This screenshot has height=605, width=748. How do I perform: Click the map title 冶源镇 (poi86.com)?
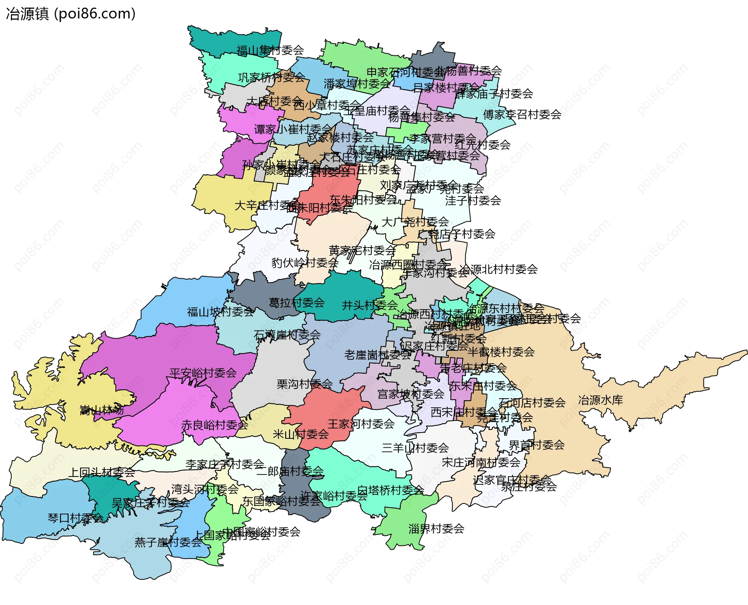click(71, 14)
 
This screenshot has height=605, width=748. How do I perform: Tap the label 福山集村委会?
click(270, 50)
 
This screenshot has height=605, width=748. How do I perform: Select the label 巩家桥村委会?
click(272, 77)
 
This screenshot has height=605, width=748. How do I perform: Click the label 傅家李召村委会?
click(522, 114)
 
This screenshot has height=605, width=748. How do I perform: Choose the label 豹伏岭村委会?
click(305, 263)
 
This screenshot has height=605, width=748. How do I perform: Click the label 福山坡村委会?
click(220, 312)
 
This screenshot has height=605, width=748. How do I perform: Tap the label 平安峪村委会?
click(203, 373)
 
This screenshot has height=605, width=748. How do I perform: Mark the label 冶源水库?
click(600, 400)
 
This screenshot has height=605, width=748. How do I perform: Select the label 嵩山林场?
click(102, 410)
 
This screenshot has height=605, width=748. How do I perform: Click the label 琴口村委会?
click(75, 518)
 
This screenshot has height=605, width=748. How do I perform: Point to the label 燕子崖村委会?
click(168, 542)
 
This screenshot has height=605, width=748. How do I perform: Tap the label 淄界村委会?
click(436, 529)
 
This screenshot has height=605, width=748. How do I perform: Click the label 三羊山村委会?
click(415, 448)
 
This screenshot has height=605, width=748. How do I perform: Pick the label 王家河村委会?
click(361, 424)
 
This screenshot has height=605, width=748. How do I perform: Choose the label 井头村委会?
click(370, 305)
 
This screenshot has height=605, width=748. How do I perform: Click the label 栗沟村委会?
click(304, 384)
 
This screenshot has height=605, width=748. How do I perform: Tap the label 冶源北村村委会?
click(498, 269)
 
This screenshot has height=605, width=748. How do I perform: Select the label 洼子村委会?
click(473, 200)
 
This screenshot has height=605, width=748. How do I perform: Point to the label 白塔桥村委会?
click(390, 490)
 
